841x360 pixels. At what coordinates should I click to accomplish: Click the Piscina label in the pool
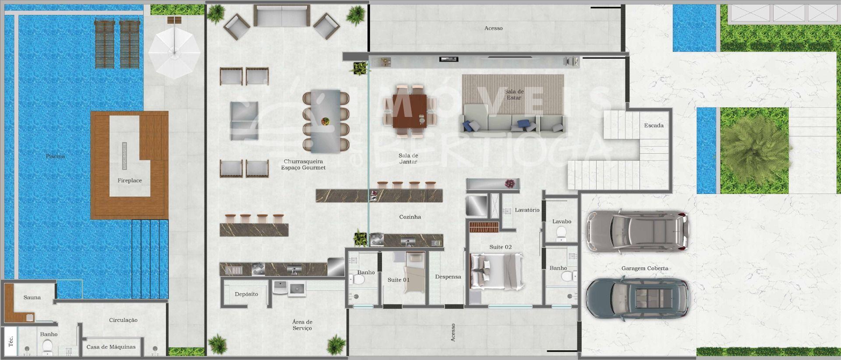pos(56,156)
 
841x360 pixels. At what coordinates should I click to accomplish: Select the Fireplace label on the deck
pos(130,180)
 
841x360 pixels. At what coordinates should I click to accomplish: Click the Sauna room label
pos(32,297)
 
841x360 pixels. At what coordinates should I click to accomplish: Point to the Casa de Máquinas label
pos(111,347)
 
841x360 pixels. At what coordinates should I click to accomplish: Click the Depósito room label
pos(246,294)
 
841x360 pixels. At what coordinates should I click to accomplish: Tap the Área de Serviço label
pos(302,325)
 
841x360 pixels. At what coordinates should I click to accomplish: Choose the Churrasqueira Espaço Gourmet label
pos(304,165)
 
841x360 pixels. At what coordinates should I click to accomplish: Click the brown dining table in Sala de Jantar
pos(410,111)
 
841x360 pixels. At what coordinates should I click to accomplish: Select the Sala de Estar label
pos(514,95)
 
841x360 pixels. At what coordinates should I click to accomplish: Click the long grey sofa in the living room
pos(512,118)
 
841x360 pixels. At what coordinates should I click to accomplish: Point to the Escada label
pos(654,126)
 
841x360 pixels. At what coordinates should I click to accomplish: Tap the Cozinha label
pos(410,217)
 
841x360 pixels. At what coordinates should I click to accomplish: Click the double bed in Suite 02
pos(497,272)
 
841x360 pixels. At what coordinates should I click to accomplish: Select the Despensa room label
pos(448,277)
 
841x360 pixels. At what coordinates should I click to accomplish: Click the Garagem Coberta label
pos(645,268)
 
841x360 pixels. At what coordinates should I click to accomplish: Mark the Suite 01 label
pos(399,280)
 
